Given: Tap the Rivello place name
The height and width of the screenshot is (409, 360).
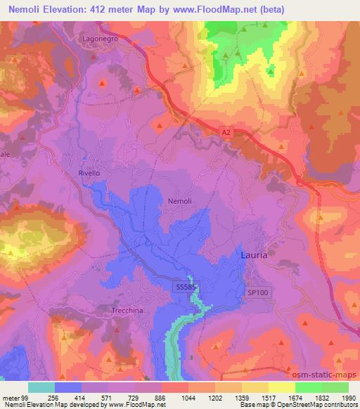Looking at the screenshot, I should [x=91, y=171].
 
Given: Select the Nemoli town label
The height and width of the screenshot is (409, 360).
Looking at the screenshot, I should [x=180, y=201].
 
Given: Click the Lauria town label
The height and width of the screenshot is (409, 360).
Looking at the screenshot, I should [x=254, y=255].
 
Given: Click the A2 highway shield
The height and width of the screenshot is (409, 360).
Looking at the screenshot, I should [x=225, y=131].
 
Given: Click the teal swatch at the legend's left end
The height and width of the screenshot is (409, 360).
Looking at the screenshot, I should [x=41, y=387].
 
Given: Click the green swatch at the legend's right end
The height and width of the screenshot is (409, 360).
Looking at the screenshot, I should [x=336, y=387].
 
